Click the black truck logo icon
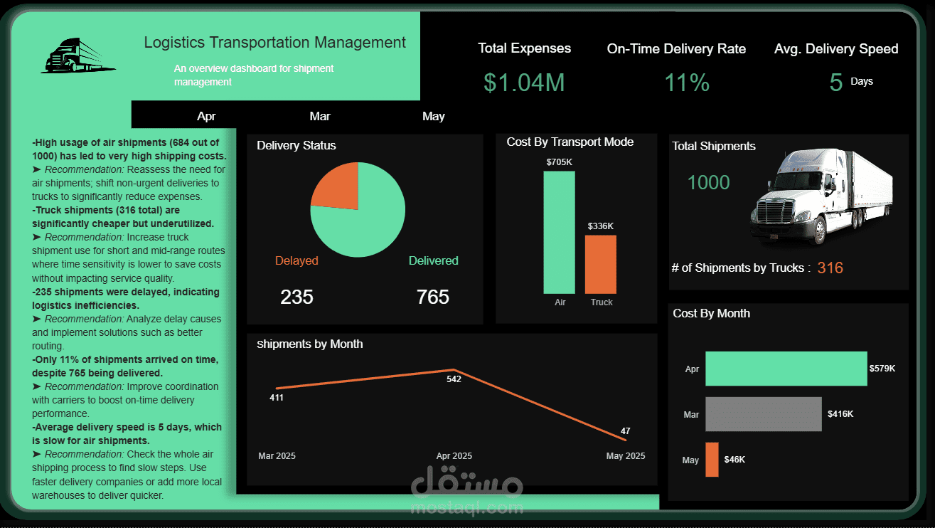77,56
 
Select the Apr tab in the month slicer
206,116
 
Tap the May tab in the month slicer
433,116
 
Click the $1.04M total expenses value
524,83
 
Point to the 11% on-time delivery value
686,83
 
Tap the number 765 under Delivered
432,297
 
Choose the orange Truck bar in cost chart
600,264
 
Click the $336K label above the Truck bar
600,226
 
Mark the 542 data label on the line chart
454,379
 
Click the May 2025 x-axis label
625,456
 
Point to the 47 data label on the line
625,431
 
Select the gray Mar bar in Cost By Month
763,413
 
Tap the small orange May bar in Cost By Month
712,459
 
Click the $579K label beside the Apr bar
882,369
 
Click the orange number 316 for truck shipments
830,268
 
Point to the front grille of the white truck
773,211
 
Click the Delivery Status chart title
296,145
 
